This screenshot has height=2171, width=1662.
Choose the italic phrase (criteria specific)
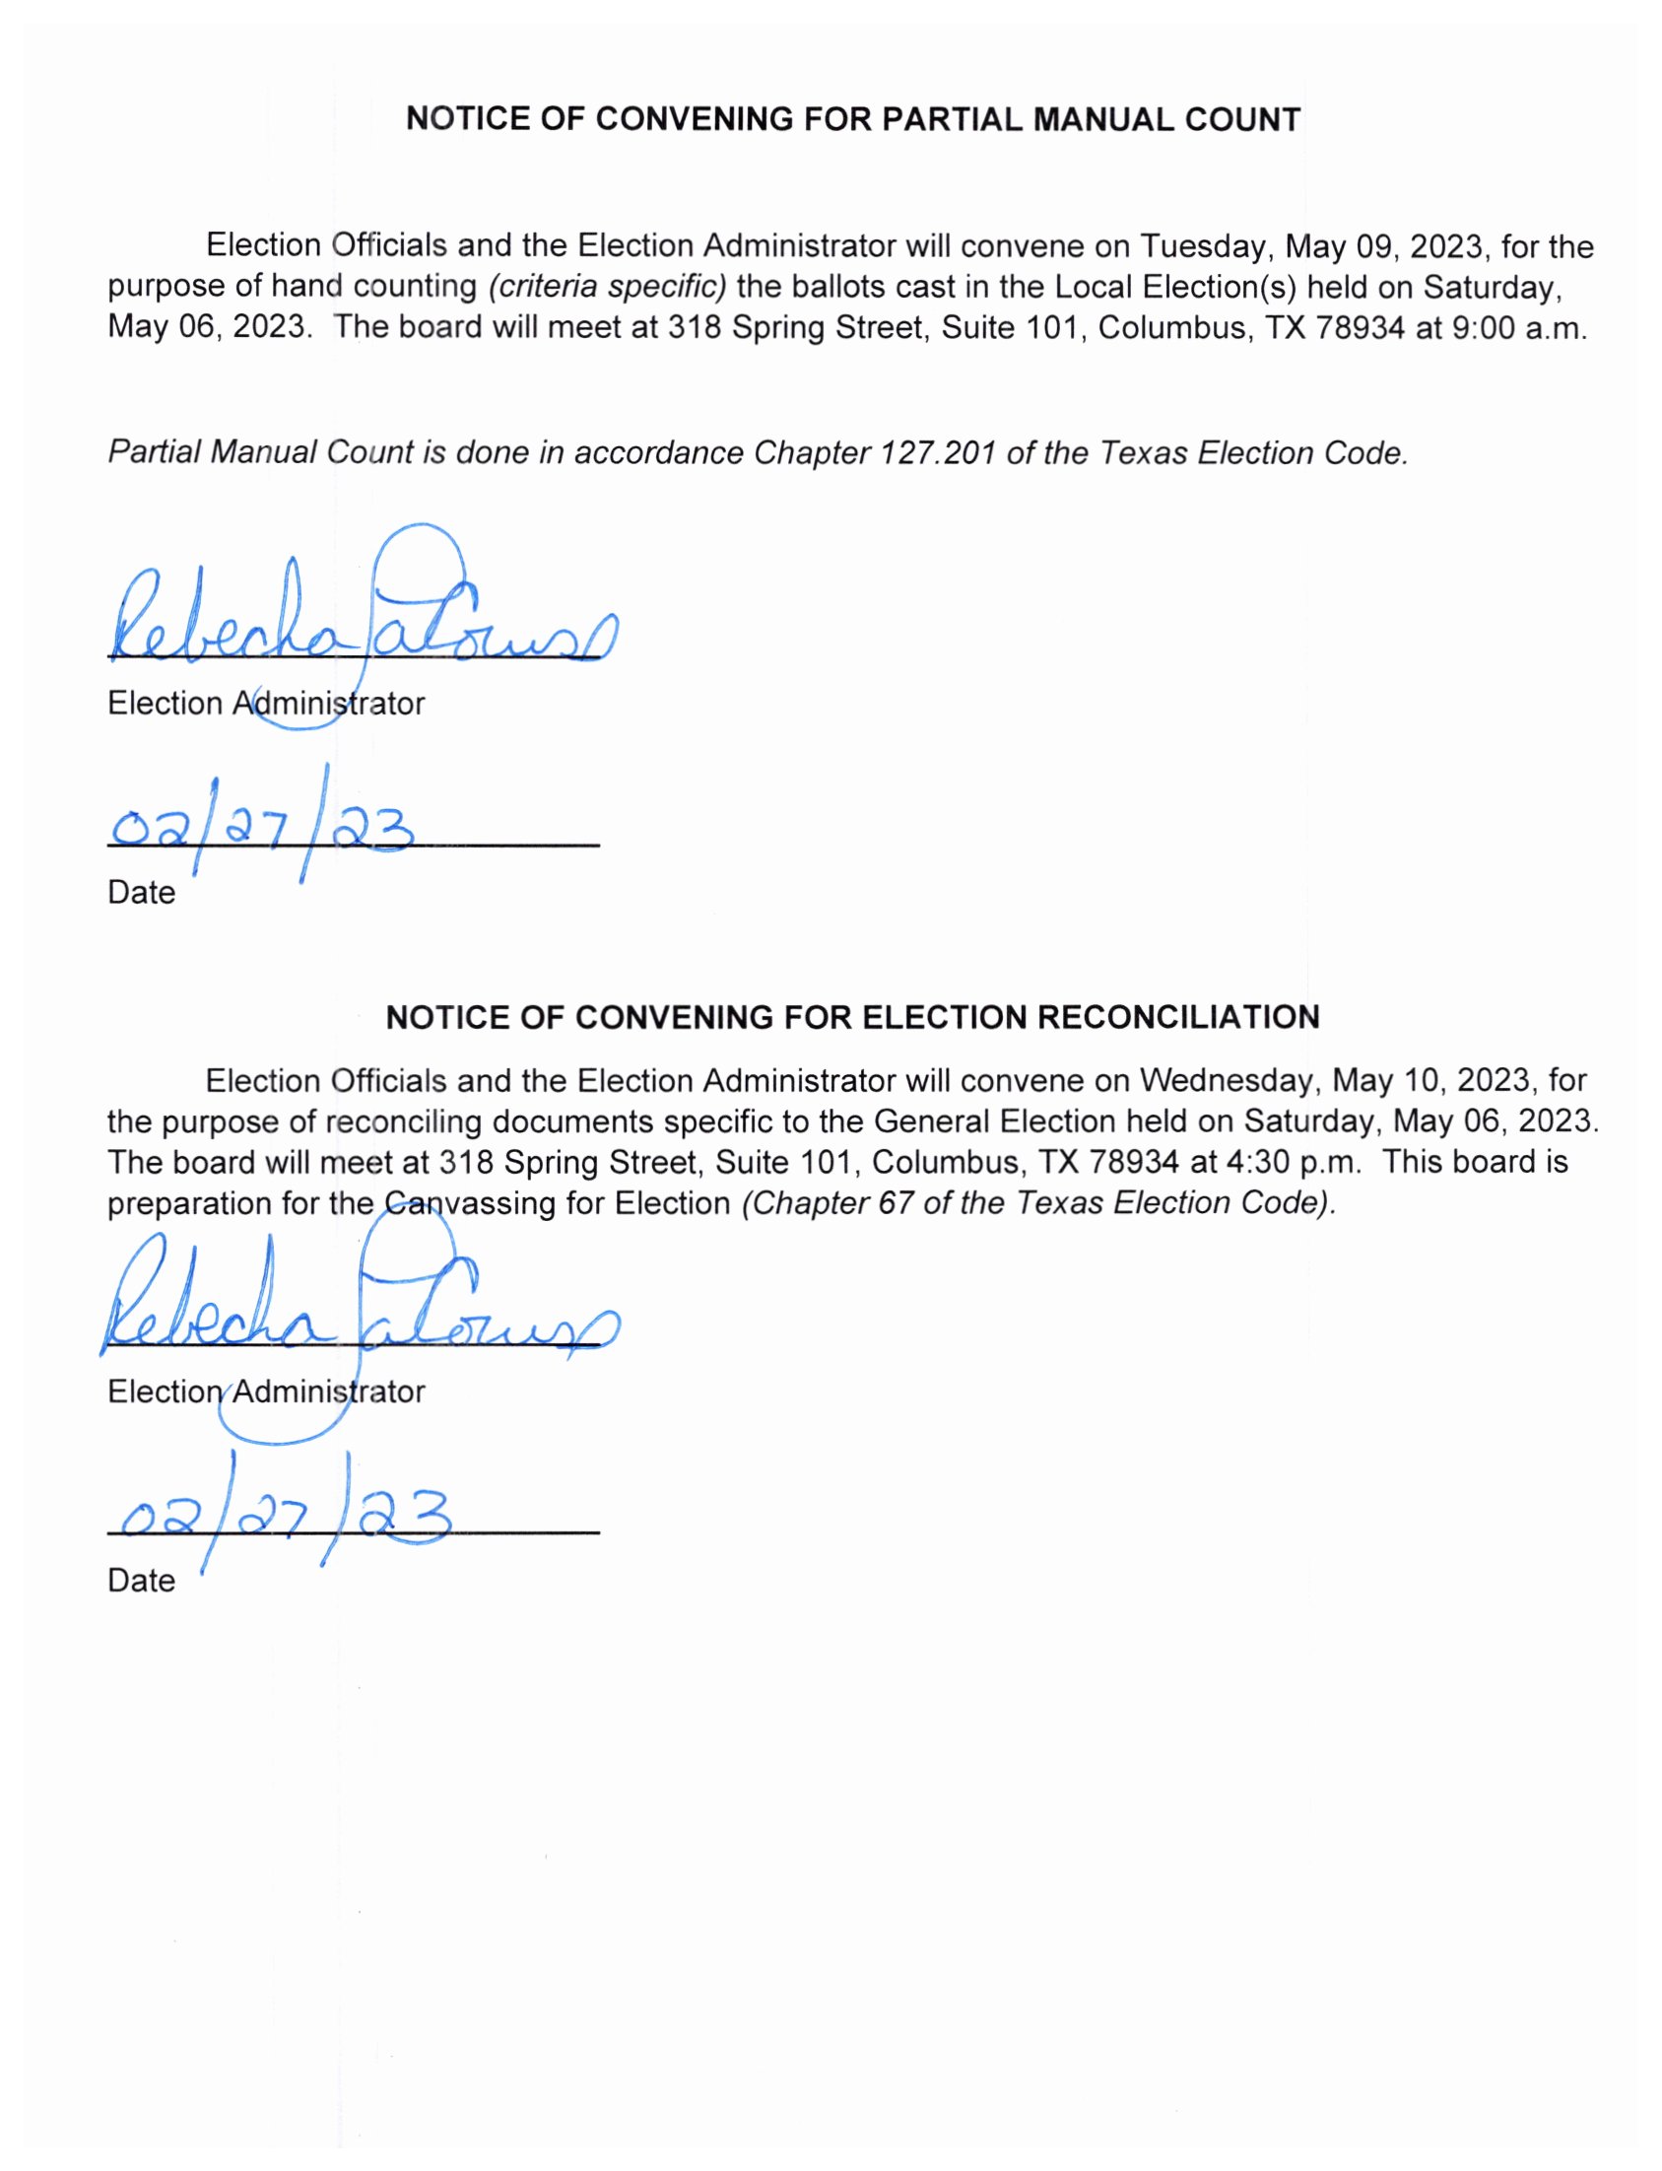[x=608, y=287]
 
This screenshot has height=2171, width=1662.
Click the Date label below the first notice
[x=142, y=893]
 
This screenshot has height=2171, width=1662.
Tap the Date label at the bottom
[x=142, y=1581]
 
